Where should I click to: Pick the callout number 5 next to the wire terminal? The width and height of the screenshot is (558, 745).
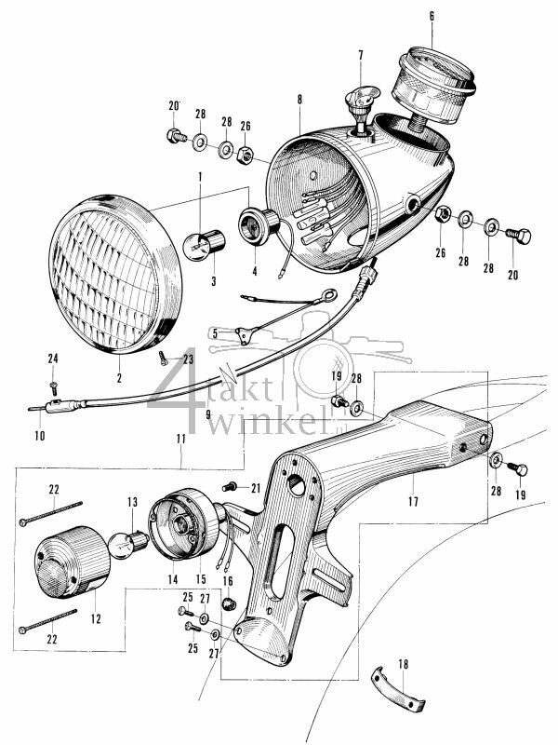click(x=215, y=332)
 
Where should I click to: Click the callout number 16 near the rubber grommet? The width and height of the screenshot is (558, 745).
click(x=228, y=579)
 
